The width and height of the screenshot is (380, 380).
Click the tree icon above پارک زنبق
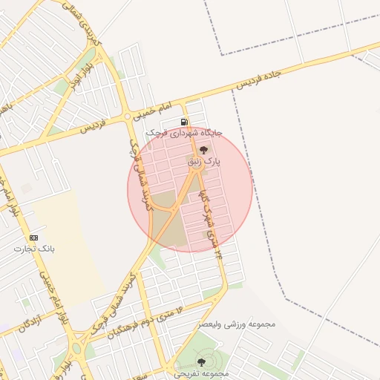click(204, 149)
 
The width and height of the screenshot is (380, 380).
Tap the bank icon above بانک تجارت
click(33, 237)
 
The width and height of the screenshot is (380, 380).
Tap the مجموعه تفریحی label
click(202, 373)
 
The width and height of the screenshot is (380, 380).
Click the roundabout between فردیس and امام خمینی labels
click(128, 117)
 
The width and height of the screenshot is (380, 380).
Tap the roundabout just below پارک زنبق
click(197, 170)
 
